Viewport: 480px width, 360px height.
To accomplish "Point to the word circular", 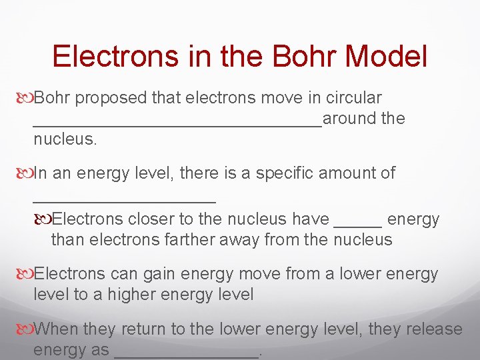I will click(x=353, y=98).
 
